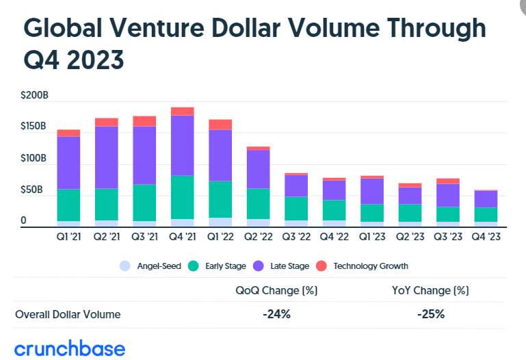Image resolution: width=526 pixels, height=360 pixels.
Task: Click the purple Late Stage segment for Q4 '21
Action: pyautogui.click(x=182, y=145)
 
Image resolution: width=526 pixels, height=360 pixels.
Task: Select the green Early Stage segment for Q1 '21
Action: pyautogui.click(x=68, y=205)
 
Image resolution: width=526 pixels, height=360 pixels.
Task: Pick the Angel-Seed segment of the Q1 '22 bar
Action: pyautogui.click(x=220, y=222)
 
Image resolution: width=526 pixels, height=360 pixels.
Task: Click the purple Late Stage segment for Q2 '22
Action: pyautogui.click(x=258, y=169)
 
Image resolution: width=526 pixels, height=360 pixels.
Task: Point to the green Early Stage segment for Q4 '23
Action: pyautogui.click(x=486, y=214)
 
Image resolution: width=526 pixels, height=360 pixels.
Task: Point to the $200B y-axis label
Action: pyautogui.click(x=34, y=96)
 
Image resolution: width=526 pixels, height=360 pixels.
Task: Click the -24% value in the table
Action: pyautogui.click(x=276, y=314)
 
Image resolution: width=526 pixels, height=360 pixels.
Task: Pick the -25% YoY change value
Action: pyautogui.click(x=430, y=314)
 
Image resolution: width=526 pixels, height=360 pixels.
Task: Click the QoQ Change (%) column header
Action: pyautogui.click(x=276, y=290)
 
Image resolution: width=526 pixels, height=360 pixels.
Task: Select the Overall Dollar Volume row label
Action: pyautogui.click(x=68, y=314)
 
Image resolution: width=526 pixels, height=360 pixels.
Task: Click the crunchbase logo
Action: pyautogui.click(x=70, y=348)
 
